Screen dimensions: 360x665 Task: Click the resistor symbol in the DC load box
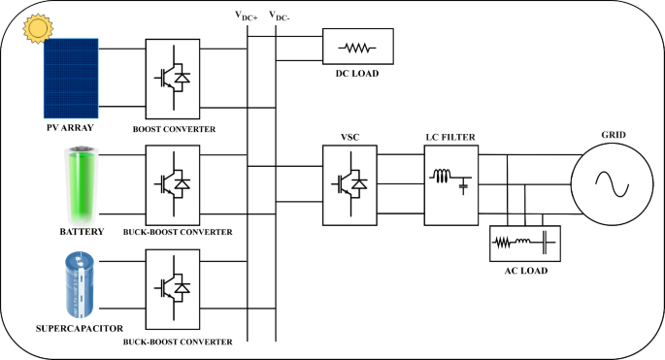coord(358,47)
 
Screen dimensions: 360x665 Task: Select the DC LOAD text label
coord(358,74)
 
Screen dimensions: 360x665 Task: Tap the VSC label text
coord(350,138)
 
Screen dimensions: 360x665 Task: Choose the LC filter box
coord(449,181)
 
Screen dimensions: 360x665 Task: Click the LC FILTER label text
coord(449,138)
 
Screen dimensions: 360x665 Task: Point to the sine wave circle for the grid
coord(608,180)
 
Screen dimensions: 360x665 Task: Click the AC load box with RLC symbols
coord(523,242)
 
